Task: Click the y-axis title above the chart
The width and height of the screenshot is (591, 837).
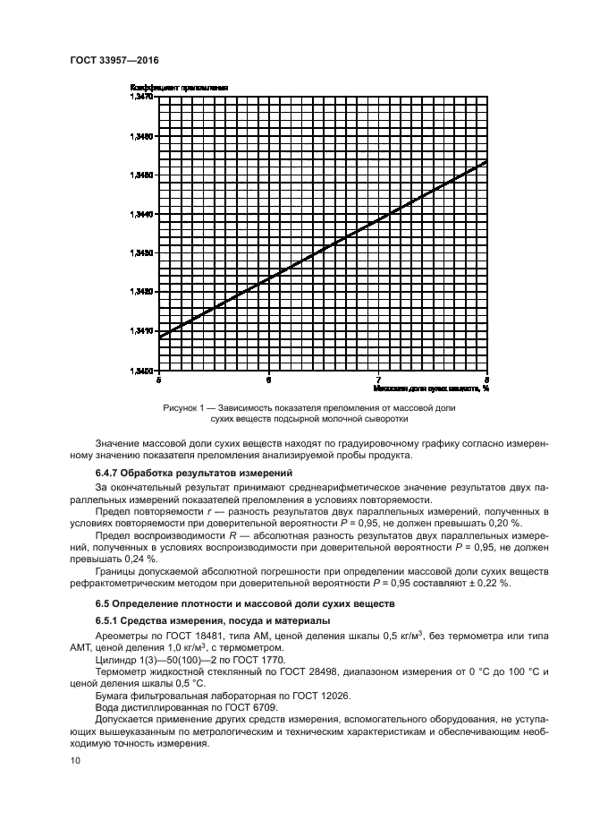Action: tap(178, 87)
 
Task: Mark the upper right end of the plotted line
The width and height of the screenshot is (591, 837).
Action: tap(486, 161)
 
